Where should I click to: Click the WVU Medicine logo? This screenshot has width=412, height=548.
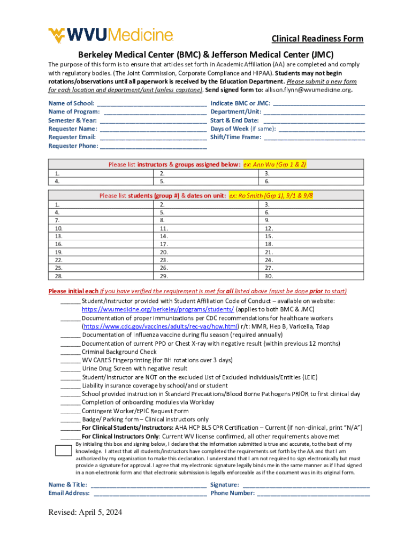(111, 35)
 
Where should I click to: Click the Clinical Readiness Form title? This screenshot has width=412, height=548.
(317, 39)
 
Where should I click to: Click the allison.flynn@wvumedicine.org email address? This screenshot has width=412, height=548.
(310, 90)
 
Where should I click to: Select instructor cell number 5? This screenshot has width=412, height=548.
(205, 181)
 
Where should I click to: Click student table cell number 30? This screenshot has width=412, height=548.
(310, 276)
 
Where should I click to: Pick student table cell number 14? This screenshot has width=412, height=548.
(205, 236)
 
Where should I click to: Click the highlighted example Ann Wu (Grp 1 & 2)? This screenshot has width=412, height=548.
(274, 165)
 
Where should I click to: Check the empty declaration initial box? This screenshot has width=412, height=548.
(64, 450)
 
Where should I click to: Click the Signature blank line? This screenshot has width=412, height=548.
(306, 485)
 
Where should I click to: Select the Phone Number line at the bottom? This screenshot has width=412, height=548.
(313, 493)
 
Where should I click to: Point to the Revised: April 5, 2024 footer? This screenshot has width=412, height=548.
(85, 513)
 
